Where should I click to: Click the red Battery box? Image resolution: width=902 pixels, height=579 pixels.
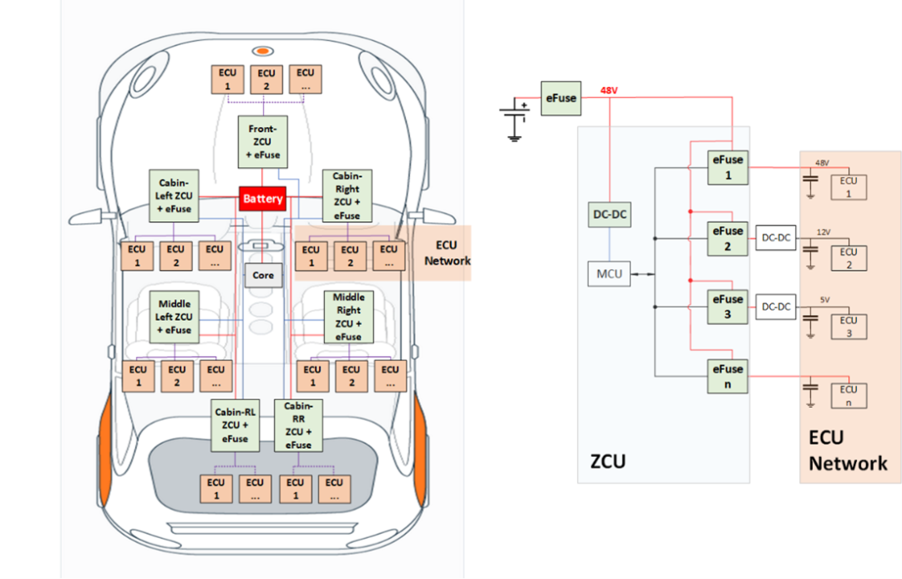tap(263, 199)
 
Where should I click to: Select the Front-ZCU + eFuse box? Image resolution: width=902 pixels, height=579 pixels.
tap(263, 141)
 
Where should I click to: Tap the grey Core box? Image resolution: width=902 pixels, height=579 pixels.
tap(263, 275)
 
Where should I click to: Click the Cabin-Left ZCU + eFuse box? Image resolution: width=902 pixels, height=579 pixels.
tap(174, 196)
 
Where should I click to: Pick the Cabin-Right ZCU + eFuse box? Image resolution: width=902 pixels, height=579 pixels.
tap(346, 196)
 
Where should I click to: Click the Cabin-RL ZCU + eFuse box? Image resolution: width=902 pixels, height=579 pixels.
tap(235, 424)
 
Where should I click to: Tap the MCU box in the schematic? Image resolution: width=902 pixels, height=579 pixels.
tap(609, 273)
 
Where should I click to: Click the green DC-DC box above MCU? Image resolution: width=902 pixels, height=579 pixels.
tap(609, 215)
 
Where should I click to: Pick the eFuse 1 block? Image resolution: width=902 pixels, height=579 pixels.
tap(727, 166)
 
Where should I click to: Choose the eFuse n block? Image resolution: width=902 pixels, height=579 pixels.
tap(727, 375)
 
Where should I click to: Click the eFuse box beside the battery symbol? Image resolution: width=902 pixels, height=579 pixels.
tap(560, 99)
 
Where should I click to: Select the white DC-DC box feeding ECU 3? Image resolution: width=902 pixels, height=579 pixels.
tap(776, 307)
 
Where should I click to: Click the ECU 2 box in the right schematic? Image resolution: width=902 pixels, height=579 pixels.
tap(849, 257)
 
